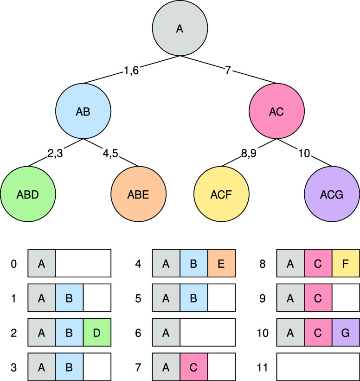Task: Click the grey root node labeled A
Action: pyautogui.click(x=180, y=28)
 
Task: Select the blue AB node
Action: pyautogui.click(x=83, y=111)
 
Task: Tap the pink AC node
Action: pyautogui.click(x=276, y=111)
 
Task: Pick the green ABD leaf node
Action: pyautogui.click(x=28, y=194)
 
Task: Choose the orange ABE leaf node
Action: pyautogui.click(x=138, y=194)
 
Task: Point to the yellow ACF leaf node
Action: pyautogui.click(x=221, y=194)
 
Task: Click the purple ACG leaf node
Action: pyautogui.click(x=332, y=194)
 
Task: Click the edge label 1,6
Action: pyautogui.click(x=131, y=71)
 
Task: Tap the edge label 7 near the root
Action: pyautogui.click(x=228, y=71)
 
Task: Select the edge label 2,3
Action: pyautogui.click(x=55, y=153)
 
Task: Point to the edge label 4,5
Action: pyautogui.click(x=110, y=153)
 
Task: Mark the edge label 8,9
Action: pyautogui.click(x=249, y=153)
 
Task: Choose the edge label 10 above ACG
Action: pyautogui.click(x=304, y=153)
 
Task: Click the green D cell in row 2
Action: pyautogui.click(x=97, y=332)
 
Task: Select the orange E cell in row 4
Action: pyautogui.click(x=221, y=263)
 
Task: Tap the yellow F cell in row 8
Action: pyautogui.click(x=346, y=263)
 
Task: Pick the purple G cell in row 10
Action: pyautogui.click(x=346, y=332)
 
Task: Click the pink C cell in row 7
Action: pyautogui.click(x=193, y=367)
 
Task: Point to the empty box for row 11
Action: pyautogui.click(x=318, y=367)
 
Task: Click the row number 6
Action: pyautogui.click(x=138, y=333)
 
